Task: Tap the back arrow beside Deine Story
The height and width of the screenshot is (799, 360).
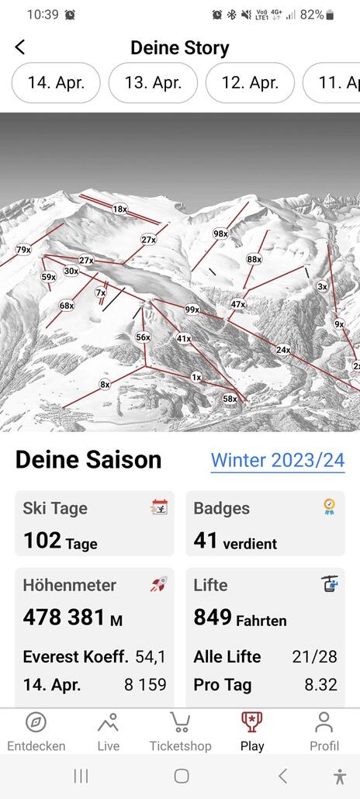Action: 20,47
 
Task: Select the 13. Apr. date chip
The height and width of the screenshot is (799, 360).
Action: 153,83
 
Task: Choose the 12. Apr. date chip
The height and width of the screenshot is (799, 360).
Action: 250,83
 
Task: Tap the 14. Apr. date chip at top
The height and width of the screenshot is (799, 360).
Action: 55,83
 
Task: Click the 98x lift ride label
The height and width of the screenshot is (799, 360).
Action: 220,233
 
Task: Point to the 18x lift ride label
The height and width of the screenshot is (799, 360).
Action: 119,209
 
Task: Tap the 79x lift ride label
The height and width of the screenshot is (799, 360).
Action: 23,250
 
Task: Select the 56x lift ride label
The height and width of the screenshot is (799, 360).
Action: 143,337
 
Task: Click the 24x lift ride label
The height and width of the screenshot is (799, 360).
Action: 283,350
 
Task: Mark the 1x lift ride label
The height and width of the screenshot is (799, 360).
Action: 196,377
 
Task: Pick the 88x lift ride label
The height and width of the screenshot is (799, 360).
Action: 254,259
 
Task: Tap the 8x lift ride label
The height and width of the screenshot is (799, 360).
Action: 105,384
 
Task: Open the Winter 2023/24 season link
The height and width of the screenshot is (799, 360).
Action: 278,460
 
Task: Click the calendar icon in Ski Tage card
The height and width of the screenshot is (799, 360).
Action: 159,507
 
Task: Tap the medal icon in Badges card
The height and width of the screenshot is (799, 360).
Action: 330,507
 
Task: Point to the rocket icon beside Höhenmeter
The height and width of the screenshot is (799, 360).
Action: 159,584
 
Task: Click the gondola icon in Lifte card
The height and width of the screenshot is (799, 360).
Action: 330,584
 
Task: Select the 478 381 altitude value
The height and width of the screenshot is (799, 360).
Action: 64,617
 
